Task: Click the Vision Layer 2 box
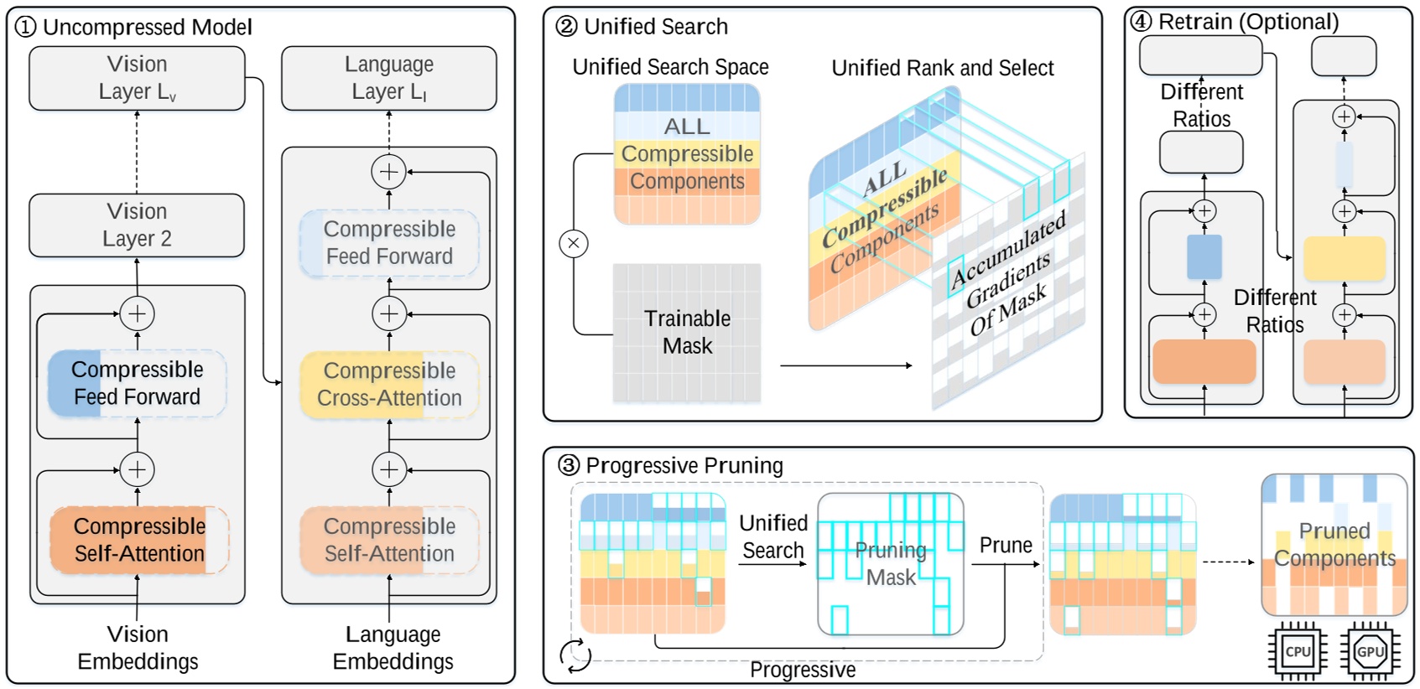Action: [137, 225]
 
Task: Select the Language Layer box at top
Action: [388, 78]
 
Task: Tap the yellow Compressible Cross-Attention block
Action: [389, 385]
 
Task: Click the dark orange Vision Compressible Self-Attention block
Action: [138, 540]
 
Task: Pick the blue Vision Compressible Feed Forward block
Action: [137, 383]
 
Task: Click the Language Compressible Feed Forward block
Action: [389, 243]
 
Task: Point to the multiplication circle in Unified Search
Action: [574, 244]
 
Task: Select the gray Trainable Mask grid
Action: [686, 333]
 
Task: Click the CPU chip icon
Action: [1297, 651]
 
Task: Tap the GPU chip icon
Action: [1370, 651]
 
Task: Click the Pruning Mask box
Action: [890, 564]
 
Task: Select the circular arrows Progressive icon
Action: [575, 655]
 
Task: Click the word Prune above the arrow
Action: [1006, 546]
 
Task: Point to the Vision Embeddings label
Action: [138, 647]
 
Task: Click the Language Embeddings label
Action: [393, 647]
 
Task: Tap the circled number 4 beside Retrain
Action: [1141, 21]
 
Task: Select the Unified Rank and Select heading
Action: [942, 68]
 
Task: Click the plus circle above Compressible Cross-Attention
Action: [389, 314]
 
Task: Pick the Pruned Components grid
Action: [1334, 545]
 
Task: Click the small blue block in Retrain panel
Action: [1204, 256]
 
